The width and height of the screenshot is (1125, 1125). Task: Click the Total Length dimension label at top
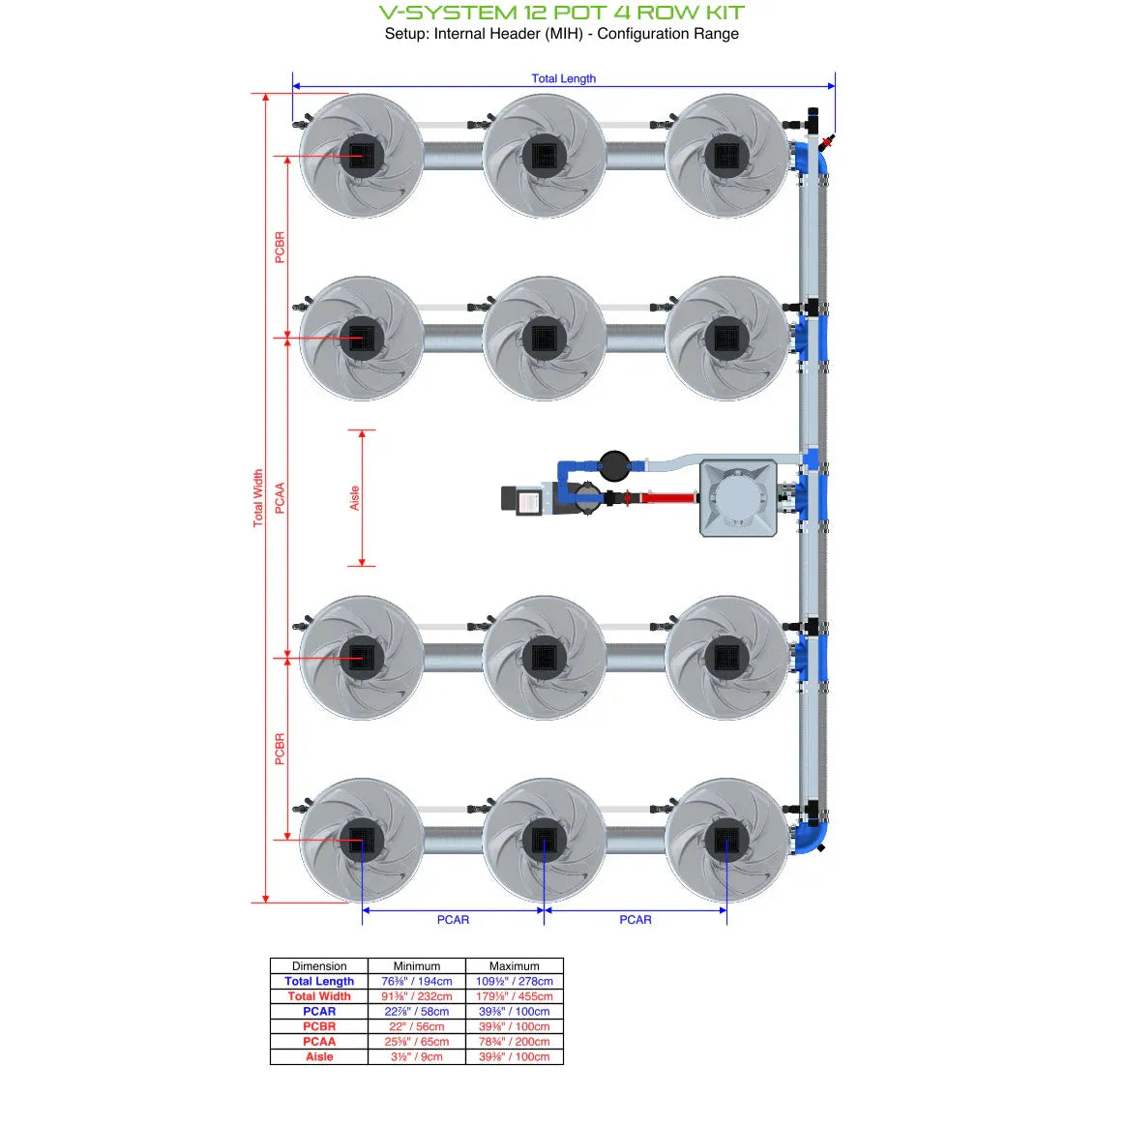coord(563,78)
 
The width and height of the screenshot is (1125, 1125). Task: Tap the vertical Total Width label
coord(258,497)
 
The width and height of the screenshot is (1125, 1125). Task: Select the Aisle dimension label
coord(354,497)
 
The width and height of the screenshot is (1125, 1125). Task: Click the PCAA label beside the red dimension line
coord(281,497)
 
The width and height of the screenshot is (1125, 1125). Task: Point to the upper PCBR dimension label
coord(281,247)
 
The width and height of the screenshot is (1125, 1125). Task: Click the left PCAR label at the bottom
coord(453,919)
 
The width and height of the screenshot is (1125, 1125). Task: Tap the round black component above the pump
coord(613,465)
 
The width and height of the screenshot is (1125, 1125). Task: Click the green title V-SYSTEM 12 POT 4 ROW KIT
coord(561,13)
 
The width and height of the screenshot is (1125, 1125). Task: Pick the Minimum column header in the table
coord(416,965)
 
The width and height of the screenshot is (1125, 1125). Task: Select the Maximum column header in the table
coord(514,965)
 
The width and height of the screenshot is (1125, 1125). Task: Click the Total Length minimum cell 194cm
coord(416,981)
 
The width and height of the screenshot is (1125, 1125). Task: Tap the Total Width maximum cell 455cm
coord(514,996)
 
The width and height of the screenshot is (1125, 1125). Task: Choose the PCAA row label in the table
coord(319,1042)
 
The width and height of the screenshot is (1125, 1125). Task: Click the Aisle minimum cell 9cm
coord(416,1056)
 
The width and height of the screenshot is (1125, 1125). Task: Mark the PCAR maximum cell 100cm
coord(514,1011)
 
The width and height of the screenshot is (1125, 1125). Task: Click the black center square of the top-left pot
coord(362,155)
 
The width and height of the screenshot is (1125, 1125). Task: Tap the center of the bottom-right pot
coord(726,840)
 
